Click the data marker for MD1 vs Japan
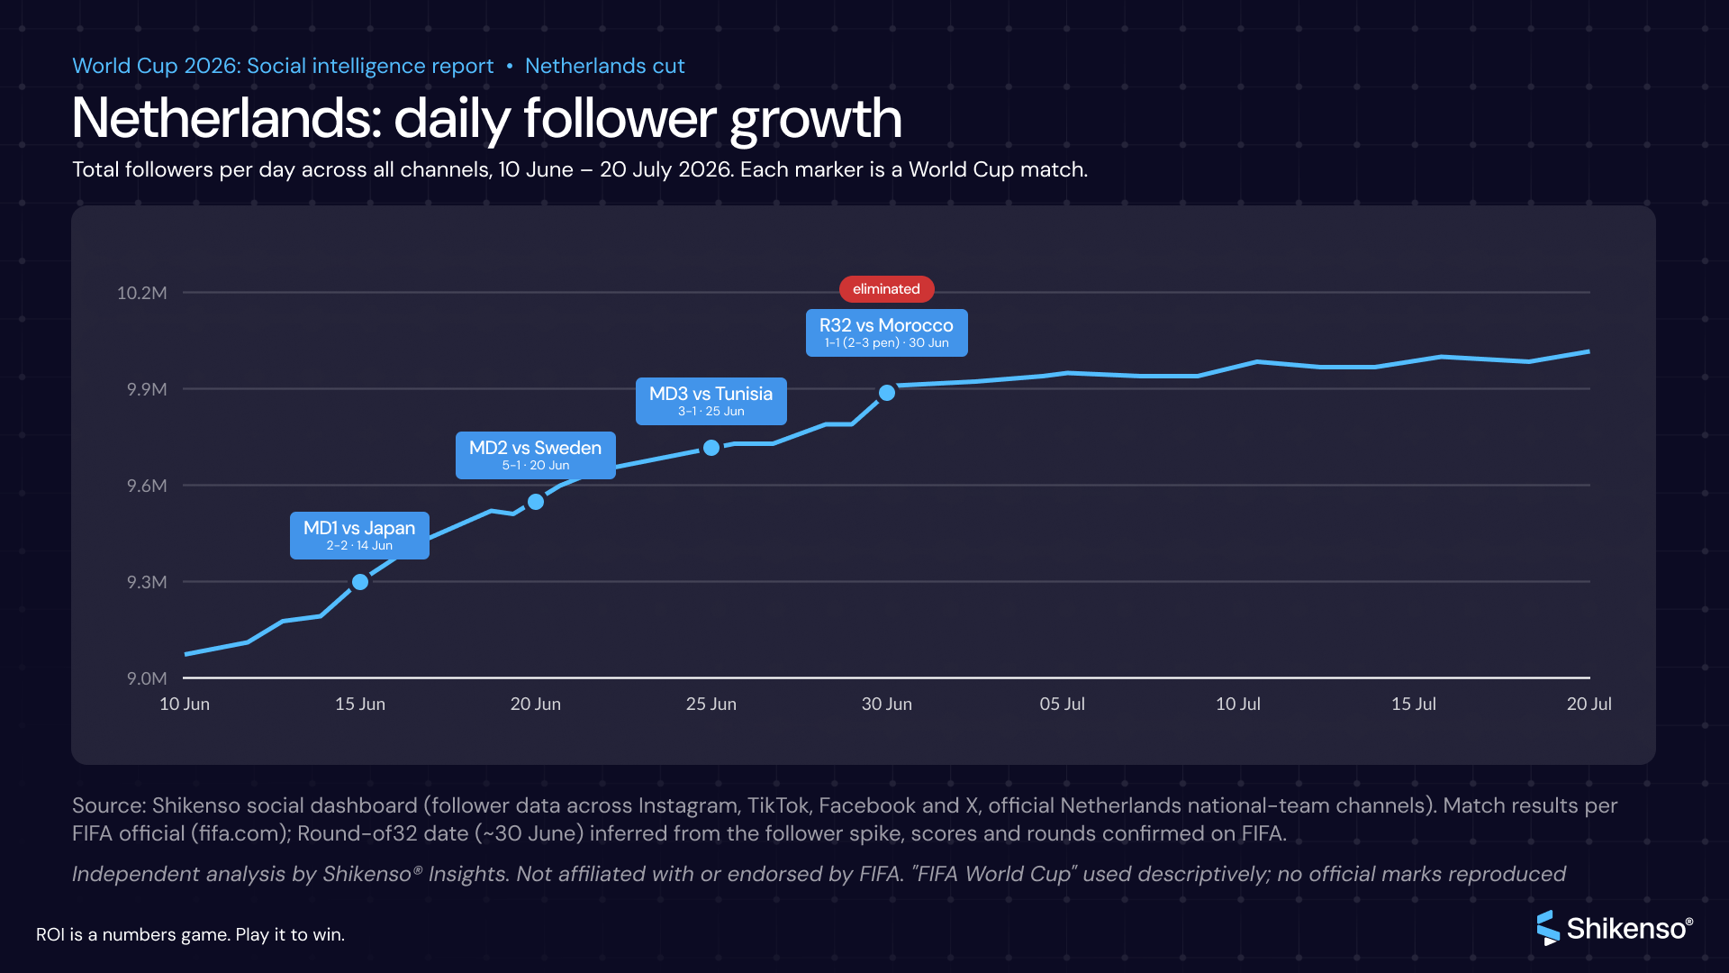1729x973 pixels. pyautogui.click(x=360, y=582)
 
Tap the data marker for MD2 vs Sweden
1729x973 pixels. pyautogui.click(x=536, y=502)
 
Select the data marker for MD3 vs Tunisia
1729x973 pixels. pyautogui.click(x=711, y=448)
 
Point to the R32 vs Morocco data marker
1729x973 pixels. pyautogui.click(x=887, y=393)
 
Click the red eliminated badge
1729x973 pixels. pyautogui.click(x=886, y=289)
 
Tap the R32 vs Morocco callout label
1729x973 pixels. pyautogui.click(x=886, y=332)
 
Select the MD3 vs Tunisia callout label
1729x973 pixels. pyautogui.click(x=711, y=401)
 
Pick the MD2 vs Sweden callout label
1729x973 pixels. pyautogui.click(x=535, y=455)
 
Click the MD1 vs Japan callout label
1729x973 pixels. pyautogui.click(x=359, y=535)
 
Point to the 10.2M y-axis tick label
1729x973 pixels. pyautogui.click(x=141, y=293)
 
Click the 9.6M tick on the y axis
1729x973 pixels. pyautogui.click(x=147, y=486)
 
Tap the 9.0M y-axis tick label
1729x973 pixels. pyautogui.click(x=147, y=678)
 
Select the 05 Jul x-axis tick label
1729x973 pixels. pyautogui.click(x=1063, y=704)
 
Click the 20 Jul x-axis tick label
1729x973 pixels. pyautogui.click(x=1589, y=704)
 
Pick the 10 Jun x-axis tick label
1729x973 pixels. pyautogui.click(x=185, y=704)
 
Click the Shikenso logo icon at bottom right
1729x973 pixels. pyautogui.click(x=1548, y=928)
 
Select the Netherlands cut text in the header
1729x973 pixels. pyautogui.click(x=605, y=66)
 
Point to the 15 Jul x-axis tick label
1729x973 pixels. pyautogui.click(x=1414, y=704)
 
